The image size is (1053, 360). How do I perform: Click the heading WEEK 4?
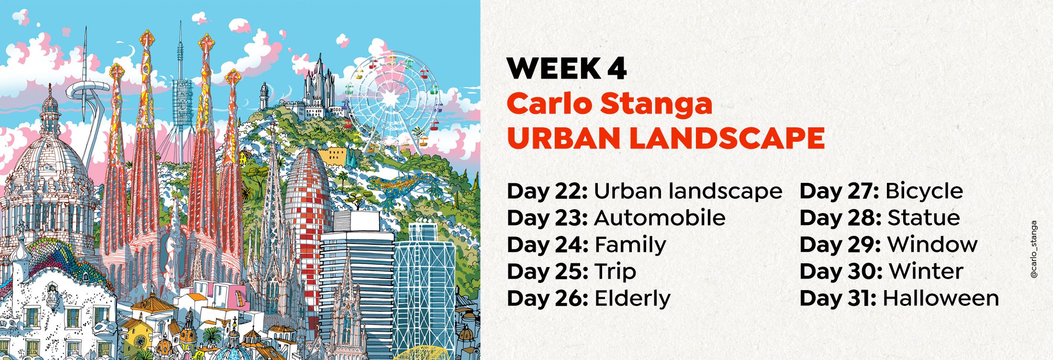pos(567,69)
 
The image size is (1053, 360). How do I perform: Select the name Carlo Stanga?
pos(610,103)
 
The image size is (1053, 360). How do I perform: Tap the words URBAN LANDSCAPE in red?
pos(666,138)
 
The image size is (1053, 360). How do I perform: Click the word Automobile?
pos(660,218)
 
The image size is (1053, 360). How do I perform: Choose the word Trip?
pos(615,272)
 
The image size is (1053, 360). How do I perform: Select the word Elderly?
pos(632,299)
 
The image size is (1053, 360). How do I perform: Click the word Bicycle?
pos(924,191)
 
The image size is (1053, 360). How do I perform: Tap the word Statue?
pos(924,218)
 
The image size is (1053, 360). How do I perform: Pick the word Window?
pos(932,245)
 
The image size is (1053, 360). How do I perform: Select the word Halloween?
pos(941,298)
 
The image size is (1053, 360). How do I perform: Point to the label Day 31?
pos(838,298)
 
